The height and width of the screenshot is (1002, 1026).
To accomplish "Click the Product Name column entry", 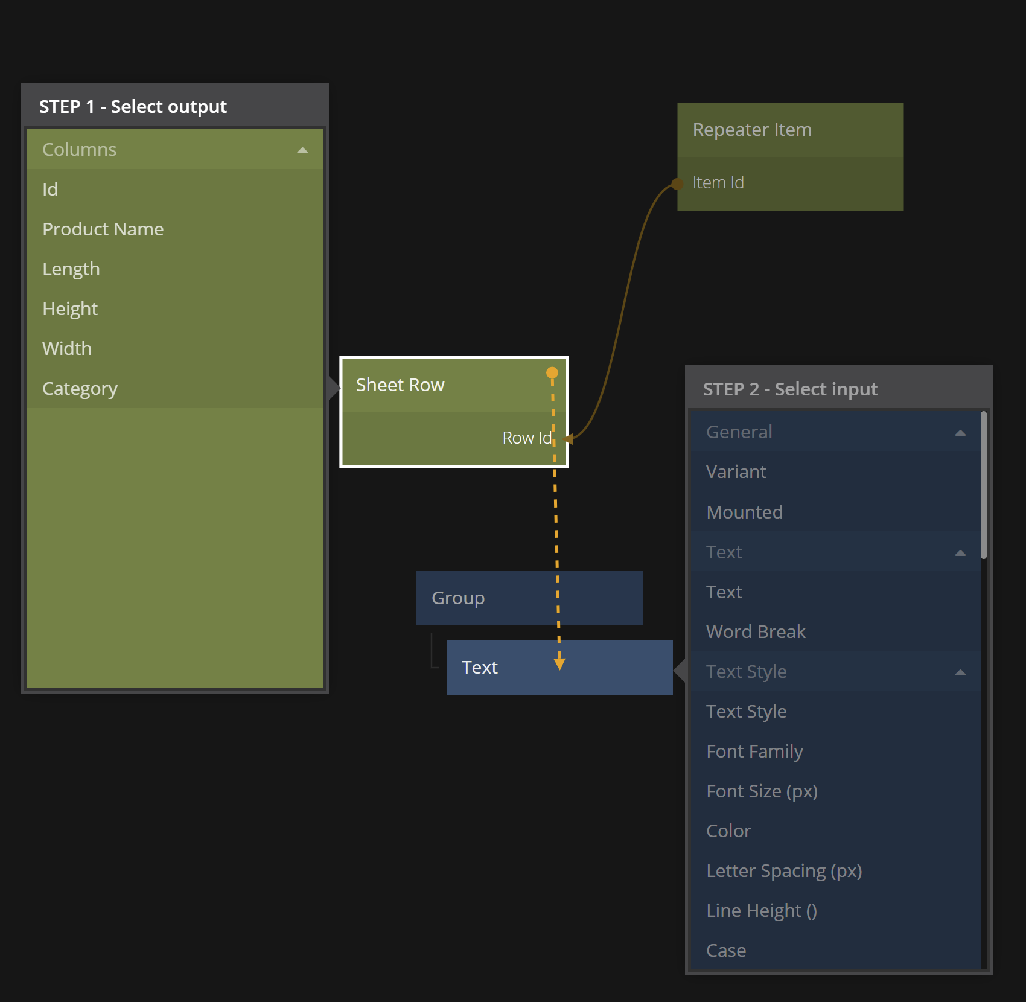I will click(x=103, y=229).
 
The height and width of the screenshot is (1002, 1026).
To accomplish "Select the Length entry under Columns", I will click(x=71, y=269).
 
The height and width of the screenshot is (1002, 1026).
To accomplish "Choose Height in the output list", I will click(x=70, y=309).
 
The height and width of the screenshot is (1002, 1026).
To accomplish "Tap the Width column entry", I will click(x=67, y=349).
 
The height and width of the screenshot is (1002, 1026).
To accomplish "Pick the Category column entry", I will click(x=80, y=389).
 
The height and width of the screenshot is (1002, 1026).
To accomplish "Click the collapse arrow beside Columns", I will click(x=302, y=150).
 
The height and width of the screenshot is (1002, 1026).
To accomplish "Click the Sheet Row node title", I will click(x=400, y=385).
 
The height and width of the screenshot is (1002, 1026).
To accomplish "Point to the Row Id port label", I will click(x=527, y=438).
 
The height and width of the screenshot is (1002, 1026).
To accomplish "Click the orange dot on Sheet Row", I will click(x=552, y=373).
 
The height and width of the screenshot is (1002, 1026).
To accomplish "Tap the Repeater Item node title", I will click(x=752, y=130).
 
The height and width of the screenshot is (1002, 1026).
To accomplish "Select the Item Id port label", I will click(x=718, y=183).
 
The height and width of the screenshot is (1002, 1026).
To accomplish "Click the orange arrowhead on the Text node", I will click(x=559, y=663).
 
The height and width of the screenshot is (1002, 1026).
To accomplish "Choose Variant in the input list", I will click(x=736, y=472).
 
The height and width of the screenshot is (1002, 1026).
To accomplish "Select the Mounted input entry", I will click(x=744, y=512).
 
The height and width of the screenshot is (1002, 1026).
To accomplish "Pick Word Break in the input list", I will click(x=756, y=632).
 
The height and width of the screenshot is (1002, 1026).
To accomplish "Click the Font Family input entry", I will click(x=754, y=751).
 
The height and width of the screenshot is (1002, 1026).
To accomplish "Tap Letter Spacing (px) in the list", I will click(x=784, y=871).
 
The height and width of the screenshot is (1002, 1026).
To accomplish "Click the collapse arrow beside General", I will click(x=960, y=433).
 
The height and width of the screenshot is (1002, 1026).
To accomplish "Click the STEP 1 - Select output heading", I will click(x=133, y=107).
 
